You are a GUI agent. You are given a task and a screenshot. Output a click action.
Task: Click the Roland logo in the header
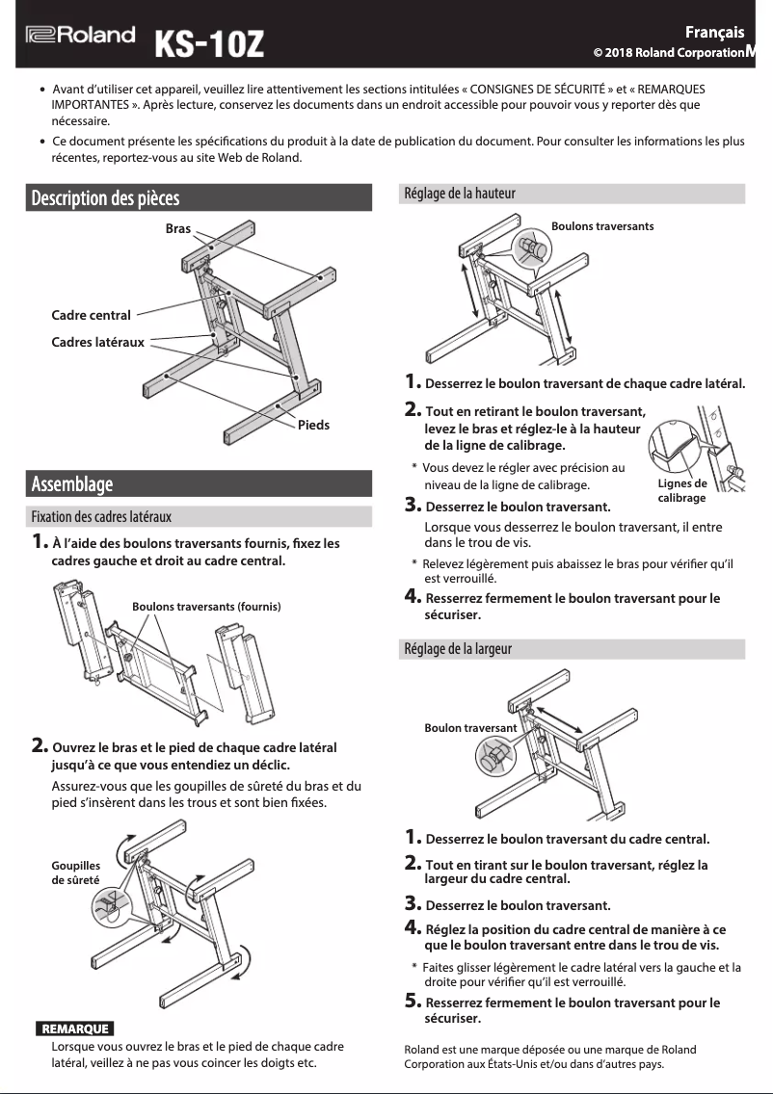pos(80,36)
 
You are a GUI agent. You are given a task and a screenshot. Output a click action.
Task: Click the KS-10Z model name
pos(209,43)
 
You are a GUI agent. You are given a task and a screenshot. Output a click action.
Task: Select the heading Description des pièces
pos(105,198)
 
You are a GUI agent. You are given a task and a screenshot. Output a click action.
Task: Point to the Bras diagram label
pos(177,229)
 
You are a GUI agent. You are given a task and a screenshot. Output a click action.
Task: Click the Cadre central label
pos(91,315)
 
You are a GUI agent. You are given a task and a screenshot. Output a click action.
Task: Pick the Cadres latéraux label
pos(97,342)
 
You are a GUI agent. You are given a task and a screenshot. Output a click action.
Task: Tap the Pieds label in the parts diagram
pos(313,425)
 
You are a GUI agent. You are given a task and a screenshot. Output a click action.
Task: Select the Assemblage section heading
pos(72,483)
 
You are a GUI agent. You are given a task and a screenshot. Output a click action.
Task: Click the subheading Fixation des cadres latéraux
pos(101,517)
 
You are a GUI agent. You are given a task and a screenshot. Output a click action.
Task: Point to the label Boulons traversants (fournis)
pos(206,607)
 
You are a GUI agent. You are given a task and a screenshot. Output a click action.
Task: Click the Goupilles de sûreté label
pos(75,873)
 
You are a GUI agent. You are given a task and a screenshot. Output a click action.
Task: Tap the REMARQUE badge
pos(74,1029)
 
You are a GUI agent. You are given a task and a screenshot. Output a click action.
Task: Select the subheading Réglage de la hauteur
pos(460,194)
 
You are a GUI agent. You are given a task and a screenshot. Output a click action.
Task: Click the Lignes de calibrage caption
pos(681,490)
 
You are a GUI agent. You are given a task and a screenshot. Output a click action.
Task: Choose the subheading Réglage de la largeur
pos(458,649)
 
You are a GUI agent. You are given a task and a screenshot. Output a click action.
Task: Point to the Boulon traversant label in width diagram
pos(470,728)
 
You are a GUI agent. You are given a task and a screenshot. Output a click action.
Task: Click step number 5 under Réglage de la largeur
pos(413,1003)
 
